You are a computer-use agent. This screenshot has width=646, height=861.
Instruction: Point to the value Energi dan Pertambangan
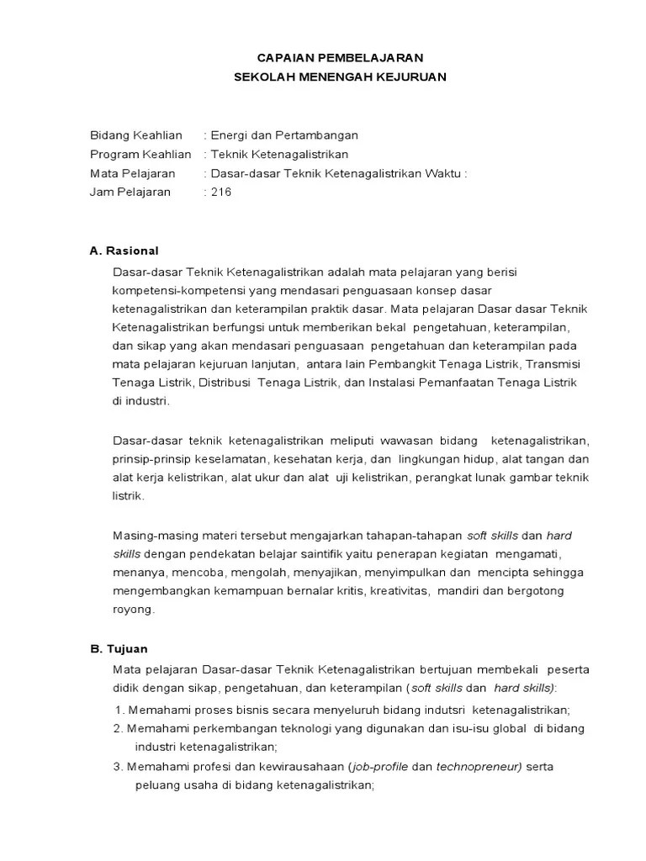(285, 135)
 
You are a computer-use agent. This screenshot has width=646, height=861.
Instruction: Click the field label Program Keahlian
(140, 154)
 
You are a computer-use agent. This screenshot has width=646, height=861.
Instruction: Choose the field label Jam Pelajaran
(130, 192)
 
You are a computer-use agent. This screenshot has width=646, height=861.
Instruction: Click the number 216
(221, 192)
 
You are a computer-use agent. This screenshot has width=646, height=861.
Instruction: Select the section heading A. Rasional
(124, 251)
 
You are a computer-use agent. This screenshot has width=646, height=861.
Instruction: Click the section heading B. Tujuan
(119, 649)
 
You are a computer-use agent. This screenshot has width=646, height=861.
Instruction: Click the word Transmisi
(553, 363)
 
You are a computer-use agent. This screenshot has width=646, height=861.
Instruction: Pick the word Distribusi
(227, 383)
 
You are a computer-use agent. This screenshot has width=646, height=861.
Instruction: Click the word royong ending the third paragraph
(133, 610)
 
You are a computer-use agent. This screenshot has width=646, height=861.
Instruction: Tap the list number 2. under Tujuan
(118, 728)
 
